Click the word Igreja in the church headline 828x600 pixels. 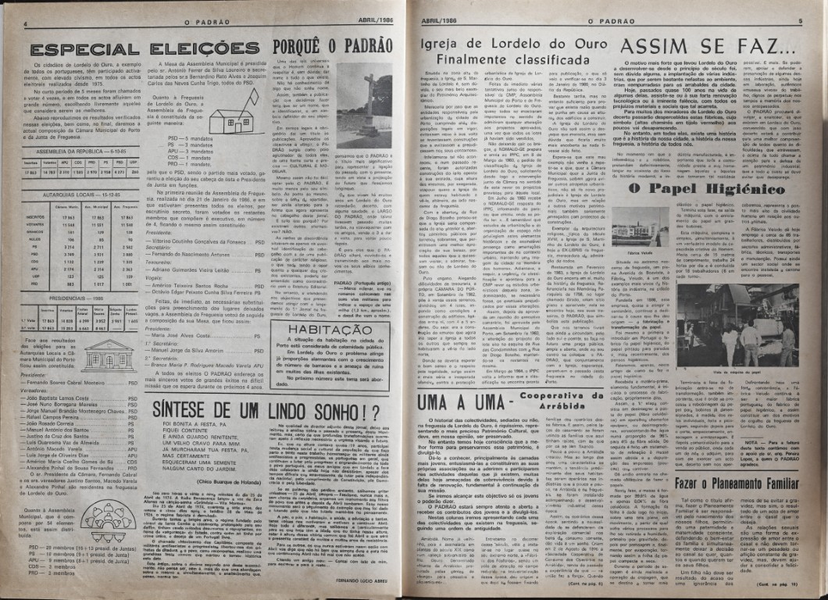click(x=448, y=45)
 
